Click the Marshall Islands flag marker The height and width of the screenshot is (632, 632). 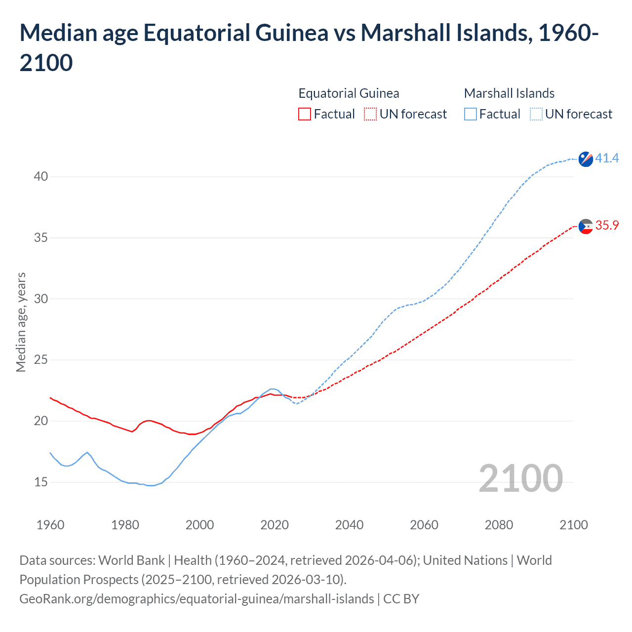click(x=586, y=159)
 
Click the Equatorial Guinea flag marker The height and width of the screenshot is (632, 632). click(x=586, y=226)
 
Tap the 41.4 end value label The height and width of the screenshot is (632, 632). click(x=607, y=158)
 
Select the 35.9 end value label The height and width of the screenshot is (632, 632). click(x=607, y=225)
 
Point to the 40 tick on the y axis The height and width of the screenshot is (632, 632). click(x=41, y=176)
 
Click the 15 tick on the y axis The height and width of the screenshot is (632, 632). click(x=41, y=482)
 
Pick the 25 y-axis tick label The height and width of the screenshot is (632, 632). click(x=41, y=359)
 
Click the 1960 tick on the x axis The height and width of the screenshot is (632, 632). click(x=50, y=524)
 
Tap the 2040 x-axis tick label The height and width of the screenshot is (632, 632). click(x=349, y=524)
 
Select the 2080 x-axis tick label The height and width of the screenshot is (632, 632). click(x=499, y=524)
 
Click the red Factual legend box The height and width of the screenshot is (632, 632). click(x=305, y=114)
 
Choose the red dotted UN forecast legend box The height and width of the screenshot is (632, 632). click(x=370, y=114)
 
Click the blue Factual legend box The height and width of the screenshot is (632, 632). click(x=471, y=114)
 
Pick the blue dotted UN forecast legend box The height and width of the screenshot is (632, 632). click(x=536, y=114)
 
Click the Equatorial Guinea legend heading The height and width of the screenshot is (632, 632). click(x=349, y=93)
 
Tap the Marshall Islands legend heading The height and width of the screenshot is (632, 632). click(x=509, y=93)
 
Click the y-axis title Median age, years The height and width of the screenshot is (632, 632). click(x=21, y=322)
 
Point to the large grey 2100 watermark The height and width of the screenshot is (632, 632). click(x=520, y=478)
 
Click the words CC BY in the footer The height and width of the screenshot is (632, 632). click(x=401, y=599)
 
